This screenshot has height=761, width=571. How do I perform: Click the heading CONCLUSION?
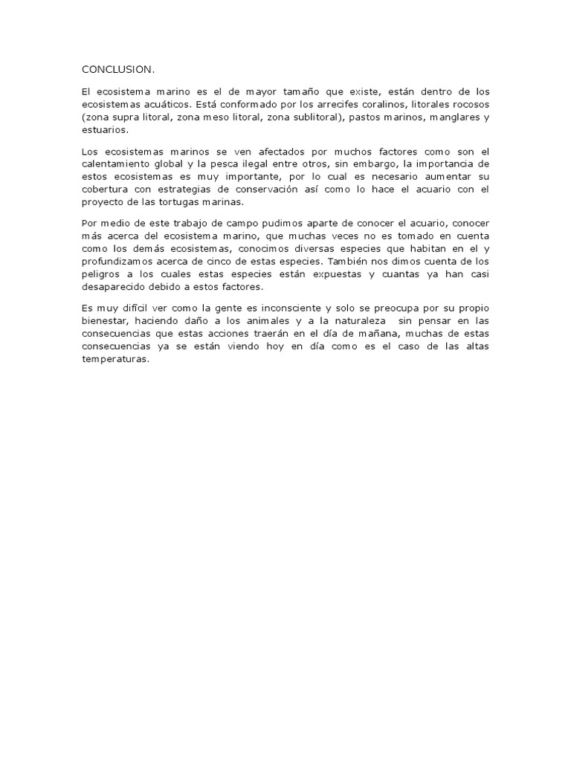118,70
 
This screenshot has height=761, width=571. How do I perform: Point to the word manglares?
448,117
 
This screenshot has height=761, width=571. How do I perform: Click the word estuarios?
105,130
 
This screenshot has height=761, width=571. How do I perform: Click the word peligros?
102,274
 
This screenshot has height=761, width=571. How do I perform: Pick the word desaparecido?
116,287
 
